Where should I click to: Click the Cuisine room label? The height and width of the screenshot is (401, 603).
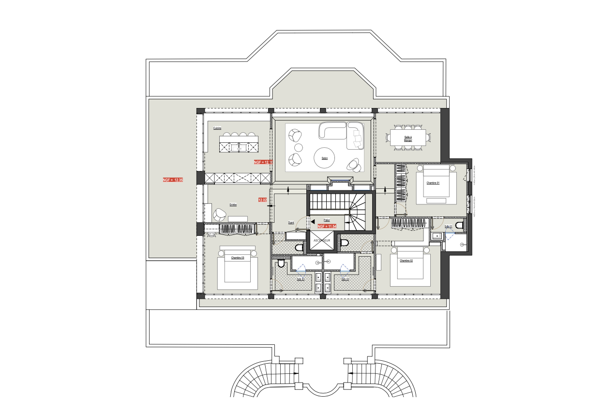click(217, 128)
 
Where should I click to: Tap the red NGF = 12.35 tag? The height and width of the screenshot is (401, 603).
click(173, 180)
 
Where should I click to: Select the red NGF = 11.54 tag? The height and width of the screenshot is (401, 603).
click(327, 226)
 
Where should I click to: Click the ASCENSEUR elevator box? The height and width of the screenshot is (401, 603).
click(321, 240)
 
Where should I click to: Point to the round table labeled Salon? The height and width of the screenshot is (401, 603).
click(324, 158)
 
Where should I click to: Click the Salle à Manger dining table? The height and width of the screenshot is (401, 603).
click(408, 138)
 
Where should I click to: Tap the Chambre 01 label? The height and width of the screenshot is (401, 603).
click(433, 183)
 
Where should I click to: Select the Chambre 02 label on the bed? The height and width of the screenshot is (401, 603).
click(406, 261)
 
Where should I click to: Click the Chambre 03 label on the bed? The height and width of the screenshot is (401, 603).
click(237, 258)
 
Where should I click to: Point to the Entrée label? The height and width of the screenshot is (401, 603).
click(233, 205)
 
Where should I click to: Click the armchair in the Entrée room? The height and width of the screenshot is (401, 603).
click(220, 214)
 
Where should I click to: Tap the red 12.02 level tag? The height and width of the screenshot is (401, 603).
click(263, 200)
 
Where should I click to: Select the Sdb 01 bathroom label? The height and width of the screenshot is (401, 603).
click(448, 226)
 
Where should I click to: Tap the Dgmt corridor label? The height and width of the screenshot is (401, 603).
click(291, 223)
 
